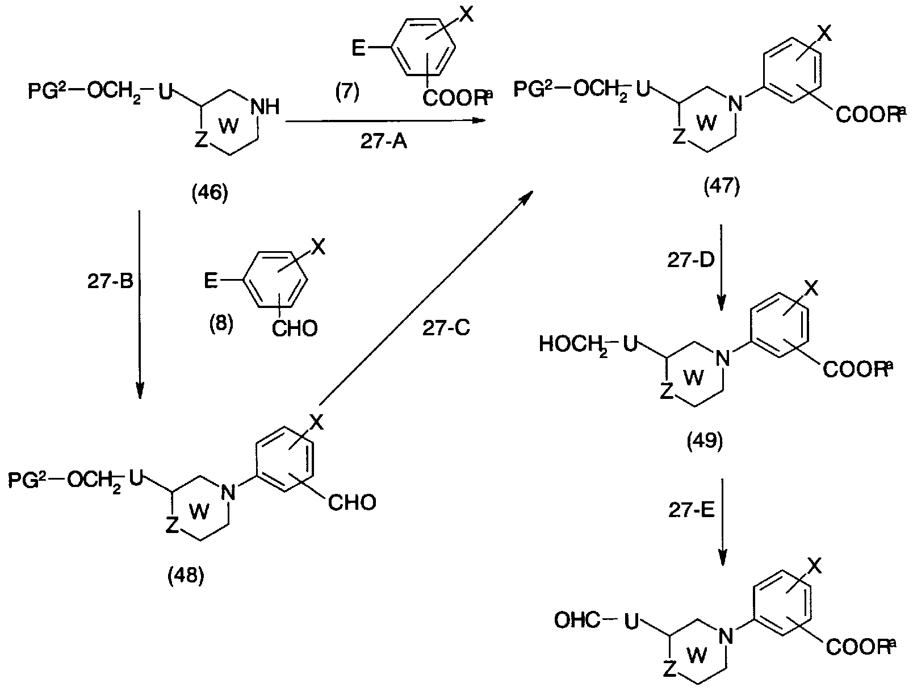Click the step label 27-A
[383, 142]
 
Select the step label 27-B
[110, 282]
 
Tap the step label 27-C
[446, 328]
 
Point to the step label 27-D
[691, 260]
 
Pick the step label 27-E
[692, 510]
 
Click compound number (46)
[210, 193]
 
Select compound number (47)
[722, 186]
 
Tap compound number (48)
[186, 576]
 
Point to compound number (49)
[705, 440]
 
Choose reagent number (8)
[221, 323]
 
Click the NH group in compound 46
[265, 107]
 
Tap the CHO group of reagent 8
[295, 328]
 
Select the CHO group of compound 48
[352, 503]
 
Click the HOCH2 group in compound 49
[573, 346]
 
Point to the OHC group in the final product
[577, 621]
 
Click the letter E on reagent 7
[358, 49]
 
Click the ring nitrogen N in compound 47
[736, 103]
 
